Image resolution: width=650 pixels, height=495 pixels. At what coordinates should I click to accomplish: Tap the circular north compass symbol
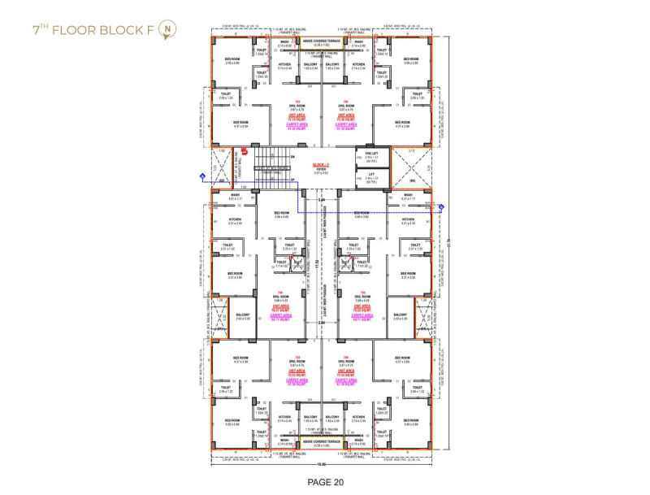click(x=165, y=31)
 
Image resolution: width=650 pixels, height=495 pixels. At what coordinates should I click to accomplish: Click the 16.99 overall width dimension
click(x=321, y=465)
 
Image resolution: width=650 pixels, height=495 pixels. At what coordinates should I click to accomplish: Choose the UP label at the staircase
click(x=291, y=174)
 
